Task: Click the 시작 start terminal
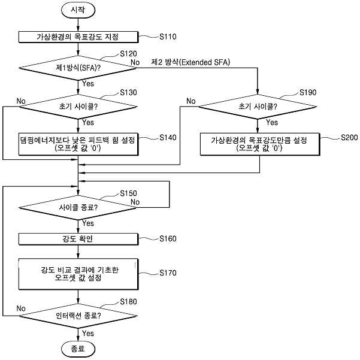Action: [78, 10]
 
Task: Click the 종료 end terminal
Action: [78, 349]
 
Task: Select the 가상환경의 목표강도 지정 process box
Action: [78, 37]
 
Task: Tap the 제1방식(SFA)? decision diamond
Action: [78, 68]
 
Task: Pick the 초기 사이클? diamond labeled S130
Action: [78, 107]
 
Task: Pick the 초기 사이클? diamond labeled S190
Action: [258, 107]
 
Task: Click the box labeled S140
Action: [78, 144]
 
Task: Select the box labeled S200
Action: [260, 144]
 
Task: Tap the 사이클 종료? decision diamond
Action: [78, 207]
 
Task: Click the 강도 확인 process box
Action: [78, 239]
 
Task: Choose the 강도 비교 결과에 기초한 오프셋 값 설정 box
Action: [78, 274]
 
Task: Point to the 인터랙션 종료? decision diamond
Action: [78, 316]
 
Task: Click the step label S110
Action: [168, 37]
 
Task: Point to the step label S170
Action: [168, 273]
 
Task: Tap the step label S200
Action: [349, 138]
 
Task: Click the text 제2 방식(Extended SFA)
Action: [190, 62]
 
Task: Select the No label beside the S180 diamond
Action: [21, 308]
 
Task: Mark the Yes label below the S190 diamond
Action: [272, 122]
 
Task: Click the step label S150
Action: [128, 193]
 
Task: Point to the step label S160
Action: [168, 239]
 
